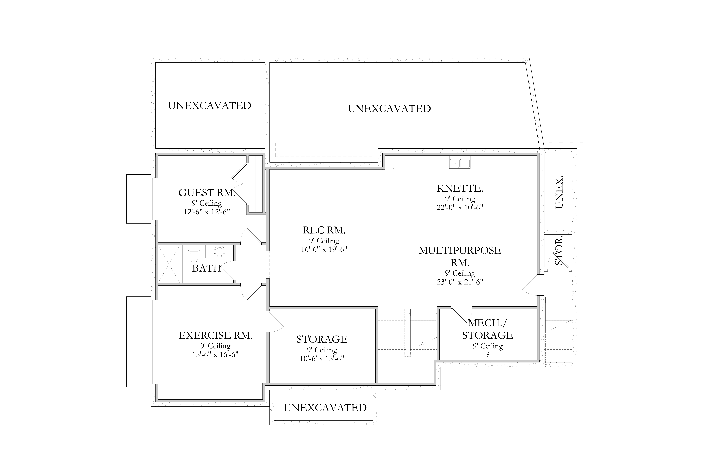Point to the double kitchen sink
click(x=460, y=163)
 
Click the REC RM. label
click(x=324, y=230)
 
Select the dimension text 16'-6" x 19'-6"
click(x=324, y=250)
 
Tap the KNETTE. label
click(x=460, y=188)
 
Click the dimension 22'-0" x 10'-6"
click(x=460, y=207)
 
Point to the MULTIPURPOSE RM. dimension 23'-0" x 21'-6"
click(x=460, y=282)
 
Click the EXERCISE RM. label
click(x=215, y=335)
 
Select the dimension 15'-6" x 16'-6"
click(x=215, y=355)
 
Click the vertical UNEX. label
click(x=559, y=192)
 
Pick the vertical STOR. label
click(x=559, y=250)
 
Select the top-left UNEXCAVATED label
click(x=210, y=106)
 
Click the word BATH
click(x=207, y=268)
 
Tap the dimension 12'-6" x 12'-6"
click(x=207, y=212)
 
